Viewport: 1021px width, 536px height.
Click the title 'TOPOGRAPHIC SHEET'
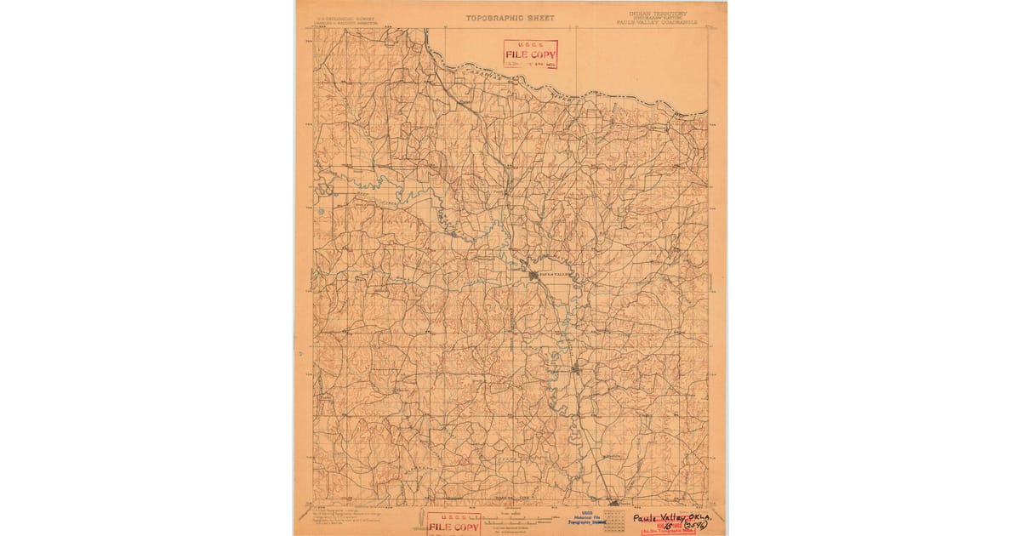pos(510,17)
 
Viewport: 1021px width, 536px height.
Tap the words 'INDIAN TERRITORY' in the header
pos(658,14)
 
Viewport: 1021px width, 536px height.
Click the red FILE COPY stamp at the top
pos(530,54)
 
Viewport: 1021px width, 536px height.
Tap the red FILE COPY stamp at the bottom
pos(453,524)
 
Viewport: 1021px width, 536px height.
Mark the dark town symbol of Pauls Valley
pos(534,276)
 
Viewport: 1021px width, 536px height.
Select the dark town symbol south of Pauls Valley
pos(576,369)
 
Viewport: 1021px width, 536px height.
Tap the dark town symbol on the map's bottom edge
pos(613,502)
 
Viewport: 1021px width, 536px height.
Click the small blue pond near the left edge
pos(320,212)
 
